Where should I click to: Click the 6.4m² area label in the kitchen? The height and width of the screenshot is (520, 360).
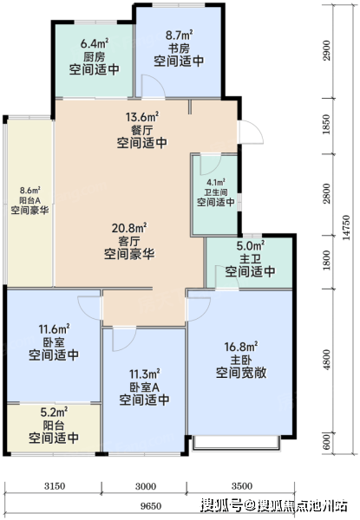point(95,44)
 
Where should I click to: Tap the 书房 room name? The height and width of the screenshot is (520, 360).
point(179,49)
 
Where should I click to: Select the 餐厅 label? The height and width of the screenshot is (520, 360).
point(142,130)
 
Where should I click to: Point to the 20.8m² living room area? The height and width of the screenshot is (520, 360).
point(129,228)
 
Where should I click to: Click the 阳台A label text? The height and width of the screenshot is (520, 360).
point(29,200)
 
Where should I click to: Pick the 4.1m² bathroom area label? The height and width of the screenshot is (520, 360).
point(216,182)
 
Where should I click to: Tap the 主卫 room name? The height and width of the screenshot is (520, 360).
point(250,258)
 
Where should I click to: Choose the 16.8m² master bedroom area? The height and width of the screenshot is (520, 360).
point(241,347)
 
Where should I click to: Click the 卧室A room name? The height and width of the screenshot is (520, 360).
point(144,387)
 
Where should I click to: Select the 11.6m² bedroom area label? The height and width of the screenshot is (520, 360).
point(54,329)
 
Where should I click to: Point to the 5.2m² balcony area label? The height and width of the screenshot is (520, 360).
point(54,413)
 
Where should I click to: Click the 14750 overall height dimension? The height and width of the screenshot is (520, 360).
point(346,227)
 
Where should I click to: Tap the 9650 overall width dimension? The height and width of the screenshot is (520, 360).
point(151,506)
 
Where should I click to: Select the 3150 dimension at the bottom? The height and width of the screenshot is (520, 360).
point(55,486)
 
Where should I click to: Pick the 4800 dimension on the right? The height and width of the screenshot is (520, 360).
point(327,360)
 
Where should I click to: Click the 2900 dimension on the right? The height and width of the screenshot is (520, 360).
point(327,50)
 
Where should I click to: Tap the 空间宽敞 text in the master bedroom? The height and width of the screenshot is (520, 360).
point(241,373)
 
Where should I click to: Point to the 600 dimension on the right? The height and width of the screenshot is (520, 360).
point(327,441)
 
